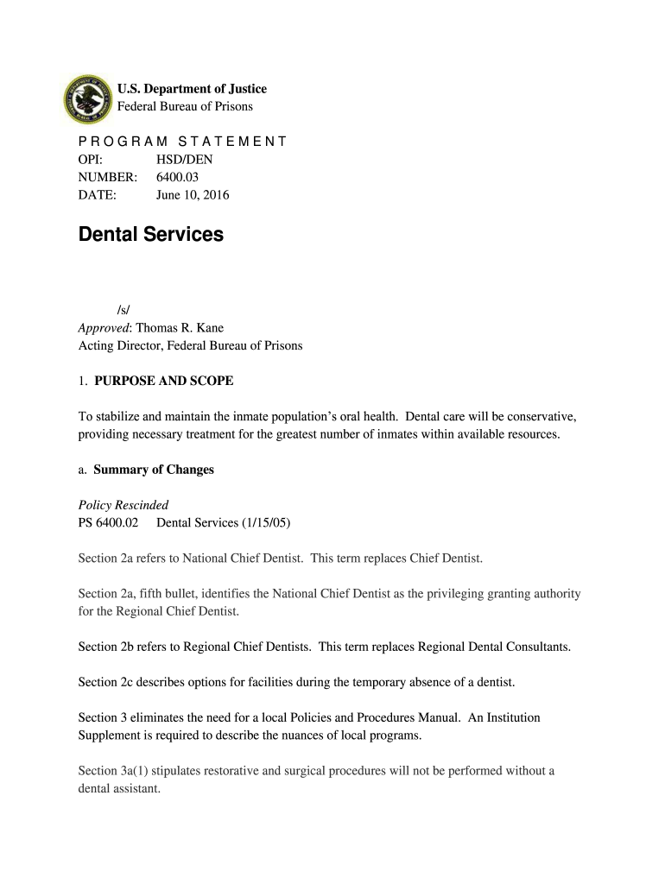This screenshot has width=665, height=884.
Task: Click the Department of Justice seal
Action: pyautogui.click(x=89, y=98)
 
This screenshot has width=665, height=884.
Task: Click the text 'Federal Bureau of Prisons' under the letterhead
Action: pyautogui.click(x=185, y=106)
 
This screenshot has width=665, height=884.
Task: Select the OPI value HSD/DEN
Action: pyautogui.click(x=184, y=160)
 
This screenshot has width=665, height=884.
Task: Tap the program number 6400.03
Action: pyautogui.click(x=178, y=177)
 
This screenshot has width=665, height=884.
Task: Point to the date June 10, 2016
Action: pyautogui.click(x=192, y=195)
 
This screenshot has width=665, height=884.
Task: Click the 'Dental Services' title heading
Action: pyautogui.click(x=150, y=235)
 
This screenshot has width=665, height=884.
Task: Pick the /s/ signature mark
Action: pyautogui.click(x=123, y=310)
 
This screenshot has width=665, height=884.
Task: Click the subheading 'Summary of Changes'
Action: pyautogui.click(x=154, y=470)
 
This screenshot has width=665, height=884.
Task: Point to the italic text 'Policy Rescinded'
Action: pyautogui.click(x=123, y=505)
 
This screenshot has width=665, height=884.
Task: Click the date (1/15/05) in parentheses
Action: pyautogui.click(x=264, y=522)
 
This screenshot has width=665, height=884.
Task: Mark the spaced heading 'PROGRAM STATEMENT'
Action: pyautogui.click(x=182, y=142)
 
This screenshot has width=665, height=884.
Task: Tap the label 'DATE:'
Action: pyautogui.click(x=97, y=195)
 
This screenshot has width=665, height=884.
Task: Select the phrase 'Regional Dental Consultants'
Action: pyautogui.click(x=495, y=647)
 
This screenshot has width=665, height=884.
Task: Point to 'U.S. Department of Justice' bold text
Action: pyautogui.click(x=192, y=89)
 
